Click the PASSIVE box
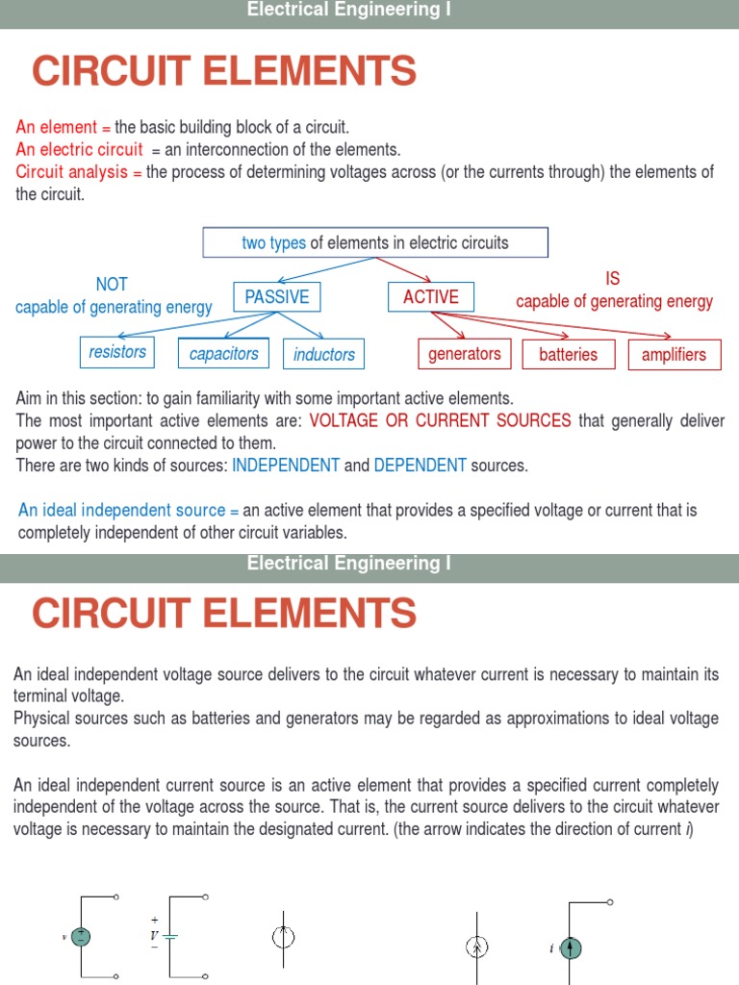277,297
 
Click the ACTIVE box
430,296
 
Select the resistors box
117,352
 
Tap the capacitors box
224,354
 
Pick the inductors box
324,354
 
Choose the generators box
465,354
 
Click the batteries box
568,354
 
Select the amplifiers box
674,354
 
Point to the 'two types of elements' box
375,242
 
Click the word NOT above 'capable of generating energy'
112,284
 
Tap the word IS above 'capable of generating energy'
613,279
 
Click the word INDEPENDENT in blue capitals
286,466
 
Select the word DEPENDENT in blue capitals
420,466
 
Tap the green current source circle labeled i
571,948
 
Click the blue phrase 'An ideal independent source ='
128,510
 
